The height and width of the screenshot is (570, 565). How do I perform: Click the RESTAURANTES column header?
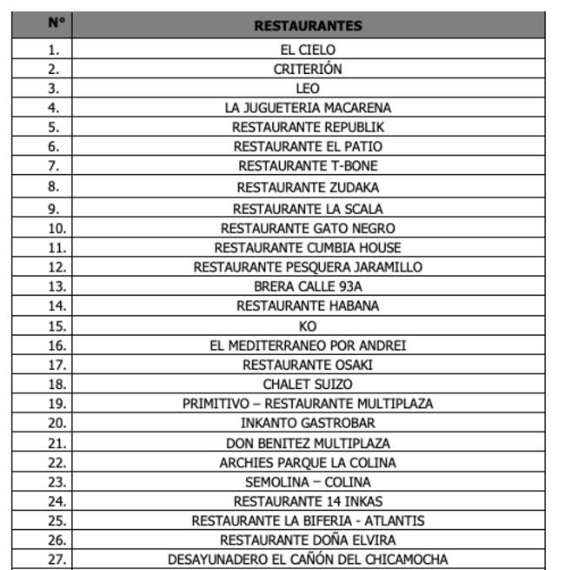(x=308, y=25)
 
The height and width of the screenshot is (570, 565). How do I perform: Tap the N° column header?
(x=56, y=23)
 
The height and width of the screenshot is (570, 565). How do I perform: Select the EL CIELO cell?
(x=308, y=50)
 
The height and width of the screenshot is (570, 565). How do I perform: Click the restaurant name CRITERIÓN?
(x=308, y=69)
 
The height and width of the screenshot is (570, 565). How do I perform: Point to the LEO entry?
(x=308, y=88)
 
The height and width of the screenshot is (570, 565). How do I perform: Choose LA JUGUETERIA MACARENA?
(x=308, y=108)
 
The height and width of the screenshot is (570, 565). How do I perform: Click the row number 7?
(x=55, y=165)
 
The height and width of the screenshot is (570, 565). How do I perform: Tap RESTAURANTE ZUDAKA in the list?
(x=308, y=187)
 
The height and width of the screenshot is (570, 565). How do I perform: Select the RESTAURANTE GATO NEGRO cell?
(x=308, y=228)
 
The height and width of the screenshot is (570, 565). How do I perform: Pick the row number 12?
(x=56, y=267)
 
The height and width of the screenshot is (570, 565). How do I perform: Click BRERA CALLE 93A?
(x=308, y=286)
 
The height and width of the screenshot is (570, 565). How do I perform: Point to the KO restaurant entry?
(x=308, y=326)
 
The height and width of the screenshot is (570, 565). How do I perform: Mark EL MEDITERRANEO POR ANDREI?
(x=308, y=345)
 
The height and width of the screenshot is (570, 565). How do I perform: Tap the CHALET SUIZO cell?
(x=308, y=384)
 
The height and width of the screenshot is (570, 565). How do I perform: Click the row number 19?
(x=56, y=404)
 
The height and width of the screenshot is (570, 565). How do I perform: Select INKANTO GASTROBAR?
(x=308, y=423)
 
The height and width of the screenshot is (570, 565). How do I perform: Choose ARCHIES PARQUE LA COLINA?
(x=308, y=463)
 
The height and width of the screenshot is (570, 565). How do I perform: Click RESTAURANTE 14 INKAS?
(x=308, y=501)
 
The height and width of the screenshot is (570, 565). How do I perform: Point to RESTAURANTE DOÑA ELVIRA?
(x=308, y=540)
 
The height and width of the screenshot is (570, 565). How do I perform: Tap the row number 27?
(x=56, y=560)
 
